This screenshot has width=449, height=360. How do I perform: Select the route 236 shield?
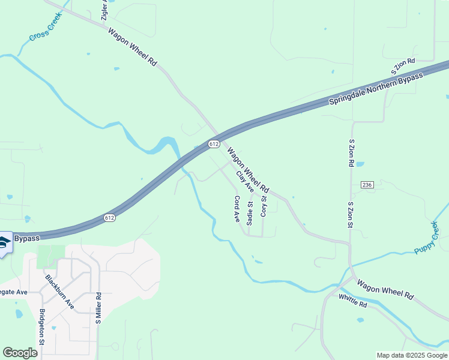click(367, 184)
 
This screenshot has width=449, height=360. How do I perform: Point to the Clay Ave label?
click(245, 182)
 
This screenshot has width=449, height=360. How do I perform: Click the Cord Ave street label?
click(237, 209)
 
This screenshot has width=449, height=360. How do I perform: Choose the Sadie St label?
click(250, 214)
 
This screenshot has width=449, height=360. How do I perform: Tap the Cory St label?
click(264, 205)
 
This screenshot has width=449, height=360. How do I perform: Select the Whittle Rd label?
click(352, 301)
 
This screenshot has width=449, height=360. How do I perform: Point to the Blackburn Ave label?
click(59, 292)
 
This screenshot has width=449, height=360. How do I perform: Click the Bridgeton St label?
click(42, 326)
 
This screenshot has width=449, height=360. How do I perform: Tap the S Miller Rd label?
click(98, 308)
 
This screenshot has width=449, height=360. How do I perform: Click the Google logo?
click(20, 353)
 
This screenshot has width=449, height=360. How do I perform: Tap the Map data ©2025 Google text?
click(412, 355)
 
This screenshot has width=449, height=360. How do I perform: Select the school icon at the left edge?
click(4, 242)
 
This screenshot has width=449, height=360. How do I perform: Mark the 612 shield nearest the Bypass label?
click(109, 217)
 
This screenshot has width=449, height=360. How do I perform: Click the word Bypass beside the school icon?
click(26, 238)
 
